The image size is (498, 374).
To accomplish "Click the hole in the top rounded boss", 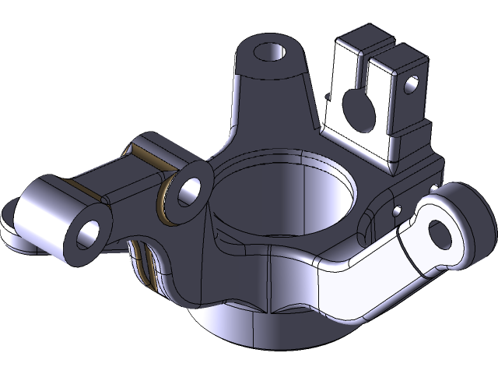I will pos(270,52).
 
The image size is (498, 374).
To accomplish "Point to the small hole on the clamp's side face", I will pos(412,83).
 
